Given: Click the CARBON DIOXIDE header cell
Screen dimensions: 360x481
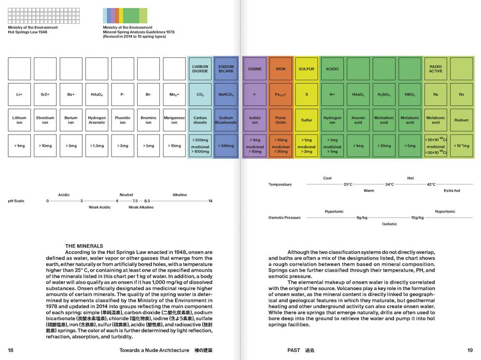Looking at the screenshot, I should [x=200, y=69].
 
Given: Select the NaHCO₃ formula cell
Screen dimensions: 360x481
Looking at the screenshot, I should [x=226, y=95].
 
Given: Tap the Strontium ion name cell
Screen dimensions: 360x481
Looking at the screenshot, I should [x=45, y=120].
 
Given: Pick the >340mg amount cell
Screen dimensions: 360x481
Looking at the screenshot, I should [x=226, y=146].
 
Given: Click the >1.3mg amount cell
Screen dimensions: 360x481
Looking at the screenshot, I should [x=97, y=146].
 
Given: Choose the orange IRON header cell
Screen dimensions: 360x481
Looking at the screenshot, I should [x=281, y=69].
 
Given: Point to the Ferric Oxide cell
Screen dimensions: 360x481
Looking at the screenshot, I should [x=281, y=120].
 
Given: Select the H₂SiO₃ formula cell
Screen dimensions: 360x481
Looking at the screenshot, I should [x=384, y=95].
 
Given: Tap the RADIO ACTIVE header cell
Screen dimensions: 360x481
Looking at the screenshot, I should [x=436, y=69].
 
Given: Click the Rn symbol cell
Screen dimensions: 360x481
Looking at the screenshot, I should [x=461, y=95].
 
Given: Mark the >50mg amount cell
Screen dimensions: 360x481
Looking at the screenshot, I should [x=384, y=146].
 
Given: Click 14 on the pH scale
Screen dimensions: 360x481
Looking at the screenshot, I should [x=211, y=201].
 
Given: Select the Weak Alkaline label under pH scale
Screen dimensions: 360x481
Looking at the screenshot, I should [x=141, y=208].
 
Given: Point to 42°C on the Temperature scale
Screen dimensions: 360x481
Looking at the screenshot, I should [x=431, y=184].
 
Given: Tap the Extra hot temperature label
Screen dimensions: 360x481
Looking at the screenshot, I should [x=452, y=191].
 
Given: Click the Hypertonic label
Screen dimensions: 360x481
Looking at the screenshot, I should [x=445, y=211].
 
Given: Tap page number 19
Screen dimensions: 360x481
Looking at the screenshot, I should [x=470, y=350].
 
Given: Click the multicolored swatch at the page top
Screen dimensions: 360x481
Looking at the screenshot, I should [x=125, y=15].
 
